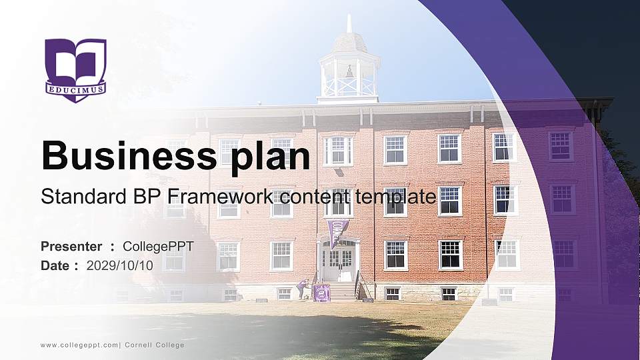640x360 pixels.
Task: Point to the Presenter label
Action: pyautogui.click(x=71, y=247)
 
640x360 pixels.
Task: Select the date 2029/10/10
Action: pyautogui.click(x=120, y=265)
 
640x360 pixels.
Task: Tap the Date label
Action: pyautogui.click(x=55, y=265)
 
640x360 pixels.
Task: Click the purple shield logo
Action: pyautogui.click(x=75, y=70)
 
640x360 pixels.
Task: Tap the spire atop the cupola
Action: pyautogui.click(x=349, y=23)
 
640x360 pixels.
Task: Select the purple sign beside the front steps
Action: pyautogui.click(x=321, y=293)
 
